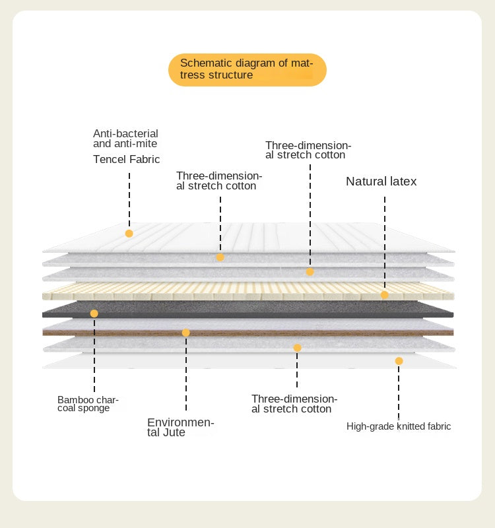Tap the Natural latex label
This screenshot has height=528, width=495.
coord(381,181)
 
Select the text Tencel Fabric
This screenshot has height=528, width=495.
coord(126,159)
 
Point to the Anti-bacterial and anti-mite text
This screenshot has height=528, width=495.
coord(125,139)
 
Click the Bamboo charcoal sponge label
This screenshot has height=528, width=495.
coord(88,404)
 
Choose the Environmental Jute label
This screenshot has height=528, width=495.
coord(180,427)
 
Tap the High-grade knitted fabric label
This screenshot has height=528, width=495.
coord(399,426)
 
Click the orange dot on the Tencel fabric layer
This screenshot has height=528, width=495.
coord(129,234)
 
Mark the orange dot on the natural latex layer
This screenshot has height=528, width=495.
coord(385,295)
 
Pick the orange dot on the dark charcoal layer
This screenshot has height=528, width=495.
coord(94,313)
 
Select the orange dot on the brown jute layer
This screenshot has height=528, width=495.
coord(186,333)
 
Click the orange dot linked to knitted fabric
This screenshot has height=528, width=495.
coord(399,361)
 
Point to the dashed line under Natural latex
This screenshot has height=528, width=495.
coord(385,242)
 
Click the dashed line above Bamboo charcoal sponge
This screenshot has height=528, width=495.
coord(94,355)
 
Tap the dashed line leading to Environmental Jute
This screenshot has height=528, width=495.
coord(186,374)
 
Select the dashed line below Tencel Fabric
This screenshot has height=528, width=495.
coord(129,200)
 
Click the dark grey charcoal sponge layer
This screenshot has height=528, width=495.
coord(248,309)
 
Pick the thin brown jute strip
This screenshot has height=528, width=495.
coord(248,333)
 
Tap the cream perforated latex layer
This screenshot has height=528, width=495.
coord(248,291)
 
